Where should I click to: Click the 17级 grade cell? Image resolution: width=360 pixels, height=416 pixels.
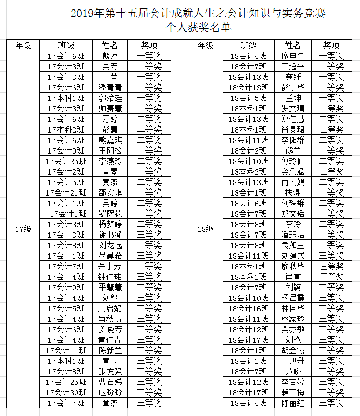tap(23, 229)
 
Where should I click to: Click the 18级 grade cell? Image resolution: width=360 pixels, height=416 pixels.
tap(206, 229)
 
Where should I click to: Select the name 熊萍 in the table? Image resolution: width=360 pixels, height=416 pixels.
tap(110, 56)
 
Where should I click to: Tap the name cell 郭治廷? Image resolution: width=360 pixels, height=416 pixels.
tap(110, 98)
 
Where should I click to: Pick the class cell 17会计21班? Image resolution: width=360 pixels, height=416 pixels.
tap(66, 192)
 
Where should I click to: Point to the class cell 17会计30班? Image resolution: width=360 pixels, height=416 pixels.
tap(66, 392)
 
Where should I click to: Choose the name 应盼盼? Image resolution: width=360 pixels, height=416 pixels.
tap(110, 392)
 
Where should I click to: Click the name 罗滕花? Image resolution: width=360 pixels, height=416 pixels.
tap(110, 214)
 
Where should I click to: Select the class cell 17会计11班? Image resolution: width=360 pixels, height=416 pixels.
tap(66, 350)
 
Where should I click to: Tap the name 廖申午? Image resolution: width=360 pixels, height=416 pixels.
tap(293, 56)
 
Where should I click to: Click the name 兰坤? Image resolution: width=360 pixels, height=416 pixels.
tap(293, 98)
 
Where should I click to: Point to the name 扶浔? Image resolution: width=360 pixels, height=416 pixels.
tap(293, 192)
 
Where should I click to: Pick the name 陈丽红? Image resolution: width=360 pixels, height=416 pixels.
tap(293, 403)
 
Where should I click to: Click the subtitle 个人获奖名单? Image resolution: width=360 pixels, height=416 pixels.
tap(198, 27)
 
